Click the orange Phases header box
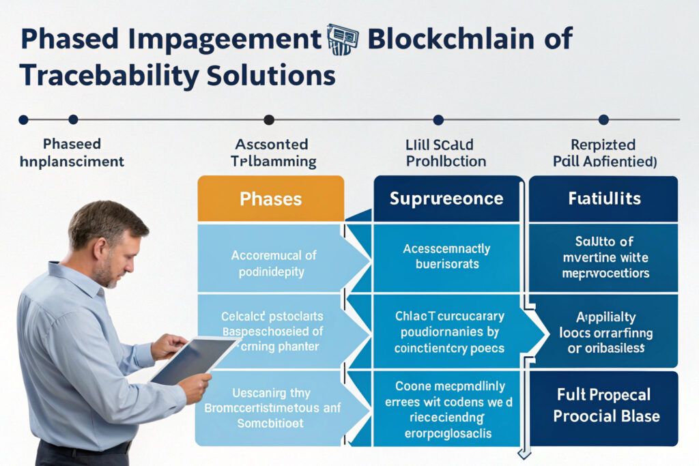(x=270, y=199)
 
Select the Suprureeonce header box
(x=446, y=199)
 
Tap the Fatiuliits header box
(x=603, y=199)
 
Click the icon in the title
(x=343, y=40)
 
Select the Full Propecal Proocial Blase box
(x=603, y=407)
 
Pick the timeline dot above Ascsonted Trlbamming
(x=269, y=120)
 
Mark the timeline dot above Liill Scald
(x=438, y=120)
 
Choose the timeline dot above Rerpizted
(x=603, y=120)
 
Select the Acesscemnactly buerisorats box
(x=446, y=257)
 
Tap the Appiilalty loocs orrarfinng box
(x=603, y=332)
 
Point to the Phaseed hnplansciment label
(x=72, y=153)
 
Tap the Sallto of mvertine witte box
(x=603, y=257)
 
